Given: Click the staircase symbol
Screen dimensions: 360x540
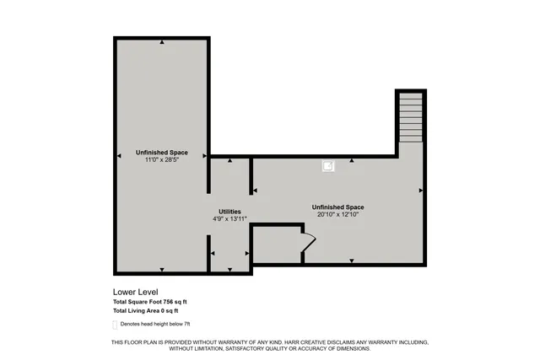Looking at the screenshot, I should click(x=410, y=119).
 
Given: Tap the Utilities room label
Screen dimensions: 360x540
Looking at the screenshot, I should click(x=229, y=212).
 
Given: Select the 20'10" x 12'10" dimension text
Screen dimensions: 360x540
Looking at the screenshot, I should click(x=337, y=215).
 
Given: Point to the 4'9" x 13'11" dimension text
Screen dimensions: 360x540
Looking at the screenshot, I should click(x=229, y=219).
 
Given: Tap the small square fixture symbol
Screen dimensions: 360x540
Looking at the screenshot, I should click(x=327, y=167).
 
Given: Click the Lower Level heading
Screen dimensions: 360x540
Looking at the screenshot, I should click(x=135, y=293).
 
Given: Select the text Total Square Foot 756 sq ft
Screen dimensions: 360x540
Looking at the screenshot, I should click(x=150, y=302).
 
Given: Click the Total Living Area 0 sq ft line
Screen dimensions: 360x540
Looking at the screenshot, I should click(x=145, y=311).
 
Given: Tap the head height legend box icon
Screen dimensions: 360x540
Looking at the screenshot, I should click(x=116, y=324).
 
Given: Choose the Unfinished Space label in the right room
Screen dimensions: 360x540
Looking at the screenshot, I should click(x=337, y=207).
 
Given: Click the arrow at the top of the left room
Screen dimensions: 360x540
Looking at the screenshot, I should click(x=161, y=41).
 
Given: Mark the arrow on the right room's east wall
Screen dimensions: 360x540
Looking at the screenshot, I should click(x=420, y=191).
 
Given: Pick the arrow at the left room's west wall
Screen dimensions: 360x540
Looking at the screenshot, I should click(x=118, y=154).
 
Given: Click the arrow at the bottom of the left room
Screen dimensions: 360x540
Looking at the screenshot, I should click(x=161, y=269).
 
